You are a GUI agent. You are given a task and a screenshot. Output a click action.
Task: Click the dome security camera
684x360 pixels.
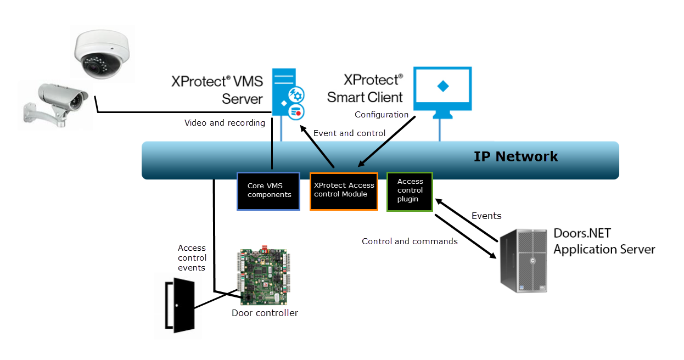click(103, 54)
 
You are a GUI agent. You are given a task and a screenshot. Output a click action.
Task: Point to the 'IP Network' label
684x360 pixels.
click(515, 157)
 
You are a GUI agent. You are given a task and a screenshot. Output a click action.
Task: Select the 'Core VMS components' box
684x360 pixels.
click(268, 191)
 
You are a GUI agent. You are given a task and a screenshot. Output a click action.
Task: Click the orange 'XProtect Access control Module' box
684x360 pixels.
click(344, 190)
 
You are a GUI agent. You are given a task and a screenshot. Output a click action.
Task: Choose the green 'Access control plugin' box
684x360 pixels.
click(410, 191)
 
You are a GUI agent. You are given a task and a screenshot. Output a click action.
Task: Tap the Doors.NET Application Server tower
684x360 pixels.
click(524, 260)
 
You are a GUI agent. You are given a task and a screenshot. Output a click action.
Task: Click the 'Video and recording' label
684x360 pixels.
click(225, 123)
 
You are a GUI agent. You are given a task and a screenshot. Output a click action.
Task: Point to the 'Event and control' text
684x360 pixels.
click(349, 133)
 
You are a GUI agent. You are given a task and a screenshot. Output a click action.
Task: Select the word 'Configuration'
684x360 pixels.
click(382, 115)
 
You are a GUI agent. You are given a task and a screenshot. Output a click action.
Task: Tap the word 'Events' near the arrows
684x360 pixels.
click(486, 216)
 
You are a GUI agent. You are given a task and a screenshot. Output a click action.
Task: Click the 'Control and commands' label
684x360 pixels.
click(410, 241)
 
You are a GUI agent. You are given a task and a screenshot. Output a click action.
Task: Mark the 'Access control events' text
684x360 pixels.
click(192, 258)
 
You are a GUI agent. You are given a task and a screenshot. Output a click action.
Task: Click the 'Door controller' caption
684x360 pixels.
click(265, 313)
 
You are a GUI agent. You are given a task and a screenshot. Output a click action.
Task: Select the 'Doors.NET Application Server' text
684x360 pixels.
click(604, 241)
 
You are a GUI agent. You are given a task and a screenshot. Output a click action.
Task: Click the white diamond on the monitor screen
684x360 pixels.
click(442, 86)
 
